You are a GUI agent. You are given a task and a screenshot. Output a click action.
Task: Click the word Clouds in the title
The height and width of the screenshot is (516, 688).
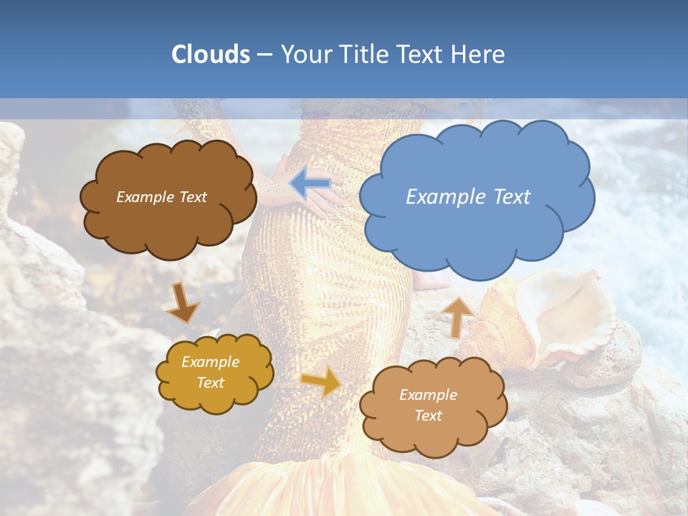(211, 54)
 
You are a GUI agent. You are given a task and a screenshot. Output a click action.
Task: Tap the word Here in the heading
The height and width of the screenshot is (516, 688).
(480, 54)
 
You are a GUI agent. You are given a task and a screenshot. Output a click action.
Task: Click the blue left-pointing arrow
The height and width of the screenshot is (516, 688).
(310, 184)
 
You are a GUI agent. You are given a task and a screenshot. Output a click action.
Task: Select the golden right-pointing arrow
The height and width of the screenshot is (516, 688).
(322, 382)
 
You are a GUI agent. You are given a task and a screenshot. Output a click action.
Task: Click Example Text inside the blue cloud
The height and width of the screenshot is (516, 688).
(468, 197)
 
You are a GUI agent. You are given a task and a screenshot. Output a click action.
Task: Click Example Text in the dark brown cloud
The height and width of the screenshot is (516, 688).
(161, 197)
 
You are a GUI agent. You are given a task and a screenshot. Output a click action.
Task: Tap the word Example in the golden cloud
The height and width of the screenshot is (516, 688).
(210, 362)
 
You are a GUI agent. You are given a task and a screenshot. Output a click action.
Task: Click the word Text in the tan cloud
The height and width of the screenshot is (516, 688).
(428, 416)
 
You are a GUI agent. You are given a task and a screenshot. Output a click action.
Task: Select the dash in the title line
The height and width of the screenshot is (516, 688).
(264, 54)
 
